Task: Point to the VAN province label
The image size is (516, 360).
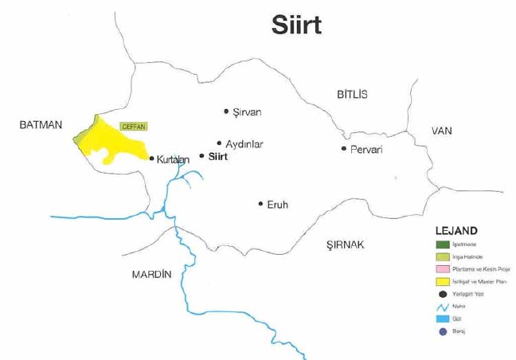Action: point(442,131)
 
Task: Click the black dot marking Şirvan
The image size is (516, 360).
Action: point(226,112)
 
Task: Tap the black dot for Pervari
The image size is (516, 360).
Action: point(343,149)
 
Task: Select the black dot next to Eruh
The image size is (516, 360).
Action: point(260,204)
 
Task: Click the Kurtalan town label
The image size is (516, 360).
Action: point(173,159)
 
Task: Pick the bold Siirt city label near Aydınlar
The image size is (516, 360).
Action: point(218,157)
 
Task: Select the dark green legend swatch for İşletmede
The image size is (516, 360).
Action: point(443,244)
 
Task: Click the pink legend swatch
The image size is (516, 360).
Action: point(443,268)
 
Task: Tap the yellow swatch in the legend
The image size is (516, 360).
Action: point(443,281)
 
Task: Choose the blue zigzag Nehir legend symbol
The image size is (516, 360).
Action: point(443,306)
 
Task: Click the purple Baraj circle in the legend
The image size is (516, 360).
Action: point(443,331)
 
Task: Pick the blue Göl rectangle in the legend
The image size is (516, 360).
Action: point(443,319)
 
